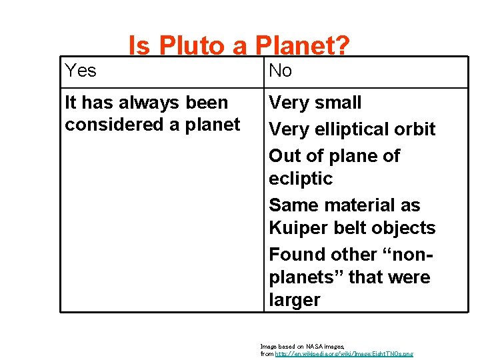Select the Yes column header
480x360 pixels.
[81, 71]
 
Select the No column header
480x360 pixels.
[281, 71]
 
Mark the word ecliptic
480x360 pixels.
[301, 179]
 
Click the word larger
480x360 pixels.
[295, 300]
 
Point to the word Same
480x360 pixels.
[295, 205]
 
